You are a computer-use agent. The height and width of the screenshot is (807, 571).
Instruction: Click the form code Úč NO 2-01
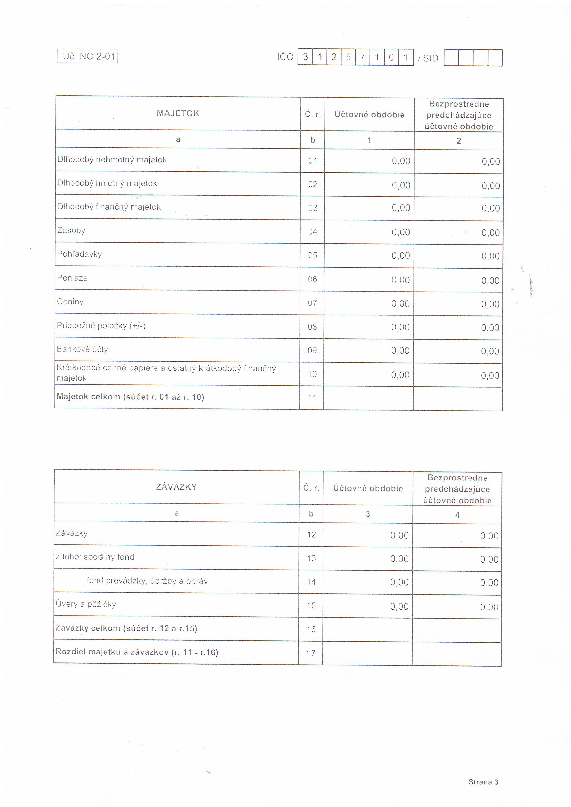(87, 56)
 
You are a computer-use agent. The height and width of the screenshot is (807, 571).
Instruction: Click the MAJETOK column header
(178, 113)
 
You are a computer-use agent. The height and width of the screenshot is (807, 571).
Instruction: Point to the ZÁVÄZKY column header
(176, 487)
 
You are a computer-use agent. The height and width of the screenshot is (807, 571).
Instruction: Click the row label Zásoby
(71, 231)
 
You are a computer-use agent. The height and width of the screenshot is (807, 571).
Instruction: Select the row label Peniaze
(73, 278)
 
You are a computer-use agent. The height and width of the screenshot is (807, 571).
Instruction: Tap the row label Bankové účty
(82, 349)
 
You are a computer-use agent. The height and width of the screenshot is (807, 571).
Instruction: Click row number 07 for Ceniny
(312, 303)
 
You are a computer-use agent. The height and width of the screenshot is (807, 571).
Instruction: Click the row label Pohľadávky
(79, 254)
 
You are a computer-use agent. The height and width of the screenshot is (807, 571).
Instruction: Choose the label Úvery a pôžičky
(86, 604)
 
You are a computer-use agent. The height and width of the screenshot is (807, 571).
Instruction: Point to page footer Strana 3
(483, 782)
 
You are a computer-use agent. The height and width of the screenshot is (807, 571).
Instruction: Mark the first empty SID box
(451, 58)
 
